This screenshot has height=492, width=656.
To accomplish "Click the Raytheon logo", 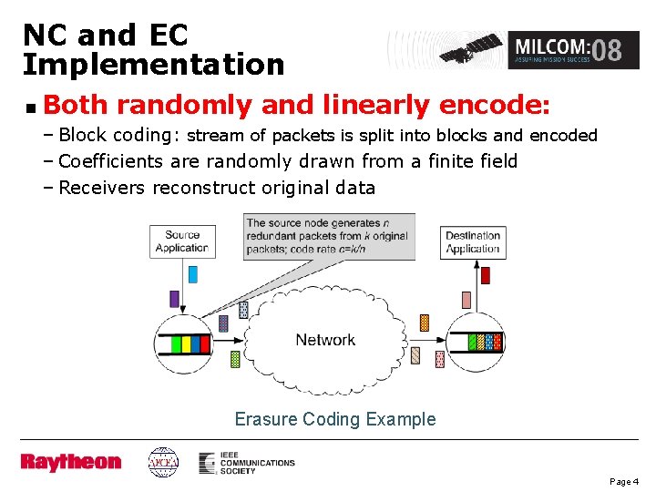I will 70,462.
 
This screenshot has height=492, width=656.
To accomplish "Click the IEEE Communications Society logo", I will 247,462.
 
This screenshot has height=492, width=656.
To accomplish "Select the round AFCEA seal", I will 164,462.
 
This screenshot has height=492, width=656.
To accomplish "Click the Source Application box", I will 181,241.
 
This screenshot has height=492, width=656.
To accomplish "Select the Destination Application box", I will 473,241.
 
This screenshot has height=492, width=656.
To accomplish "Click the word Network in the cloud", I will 325,340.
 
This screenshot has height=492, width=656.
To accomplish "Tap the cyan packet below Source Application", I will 192,273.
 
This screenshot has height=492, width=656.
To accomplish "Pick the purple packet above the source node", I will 174,298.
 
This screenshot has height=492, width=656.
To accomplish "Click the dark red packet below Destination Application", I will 486,274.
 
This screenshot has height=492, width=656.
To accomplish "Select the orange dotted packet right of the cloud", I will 424,323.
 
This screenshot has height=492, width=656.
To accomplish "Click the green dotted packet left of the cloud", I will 235,359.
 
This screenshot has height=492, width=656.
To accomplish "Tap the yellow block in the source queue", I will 186,344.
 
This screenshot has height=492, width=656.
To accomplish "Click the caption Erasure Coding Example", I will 335,419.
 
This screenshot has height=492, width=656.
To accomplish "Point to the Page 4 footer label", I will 624,480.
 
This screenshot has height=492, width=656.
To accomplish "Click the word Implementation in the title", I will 153,65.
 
